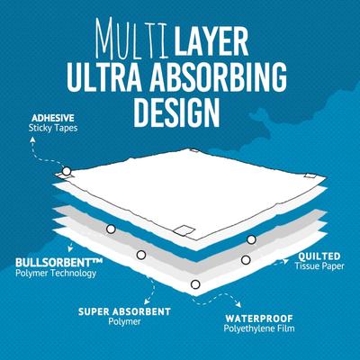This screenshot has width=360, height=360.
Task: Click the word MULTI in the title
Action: (x=132, y=38)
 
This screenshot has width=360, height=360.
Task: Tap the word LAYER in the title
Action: (x=211, y=40)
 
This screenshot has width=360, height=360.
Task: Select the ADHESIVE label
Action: (x=52, y=117)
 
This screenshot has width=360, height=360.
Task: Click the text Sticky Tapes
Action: (x=53, y=128)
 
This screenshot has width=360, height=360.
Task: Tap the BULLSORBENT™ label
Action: (x=58, y=263)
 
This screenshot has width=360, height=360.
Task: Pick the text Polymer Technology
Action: (x=56, y=274)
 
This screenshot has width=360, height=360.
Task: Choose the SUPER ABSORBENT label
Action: (x=124, y=311)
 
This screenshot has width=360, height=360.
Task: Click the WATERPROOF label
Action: (x=259, y=318)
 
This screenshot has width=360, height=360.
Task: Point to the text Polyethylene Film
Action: (x=259, y=328)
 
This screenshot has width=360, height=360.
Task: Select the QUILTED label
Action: (x=319, y=256)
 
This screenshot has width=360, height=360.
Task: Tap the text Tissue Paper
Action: (x=319, y=266)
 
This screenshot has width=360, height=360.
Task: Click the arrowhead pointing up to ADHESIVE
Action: (x=32, y=139)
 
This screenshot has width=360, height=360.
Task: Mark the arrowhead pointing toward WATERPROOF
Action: (x=238, y=305)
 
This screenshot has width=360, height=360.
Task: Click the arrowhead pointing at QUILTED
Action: (x=286, y=260)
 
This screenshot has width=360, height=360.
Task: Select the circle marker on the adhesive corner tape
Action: (x=67, y=171)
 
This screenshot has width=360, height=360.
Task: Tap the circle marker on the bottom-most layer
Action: (x=195, y=284)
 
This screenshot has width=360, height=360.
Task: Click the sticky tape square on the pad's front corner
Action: (x=184, y=230)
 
